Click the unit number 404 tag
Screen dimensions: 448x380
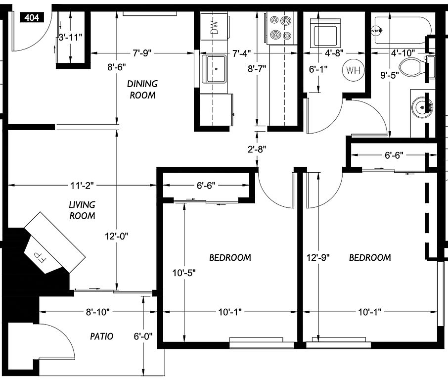(x=32, y=18)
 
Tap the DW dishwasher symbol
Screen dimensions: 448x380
(x=214, y=27)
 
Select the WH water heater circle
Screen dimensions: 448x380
(x=353, y=70)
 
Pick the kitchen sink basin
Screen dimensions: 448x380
(x=215, y=69)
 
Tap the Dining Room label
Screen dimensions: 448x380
(x=142, y=89)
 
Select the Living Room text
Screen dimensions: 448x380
(x=82, y=210)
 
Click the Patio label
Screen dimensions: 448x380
(x=102, y=336)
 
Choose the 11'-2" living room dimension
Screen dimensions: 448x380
(x=82, y=186)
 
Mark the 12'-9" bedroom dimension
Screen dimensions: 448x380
(x=318, y=257)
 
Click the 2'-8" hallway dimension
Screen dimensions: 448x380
(x=257, y=149)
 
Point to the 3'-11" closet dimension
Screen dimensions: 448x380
(x=70, y=37)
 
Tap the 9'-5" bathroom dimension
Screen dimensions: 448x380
(x=390, y=75)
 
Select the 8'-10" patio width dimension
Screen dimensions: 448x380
(x=98, y=312)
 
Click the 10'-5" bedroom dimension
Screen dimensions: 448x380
(x=184, y=273)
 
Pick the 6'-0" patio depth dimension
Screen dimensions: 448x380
(x=143, y=336)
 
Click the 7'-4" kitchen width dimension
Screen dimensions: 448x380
(x=242, y=53)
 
